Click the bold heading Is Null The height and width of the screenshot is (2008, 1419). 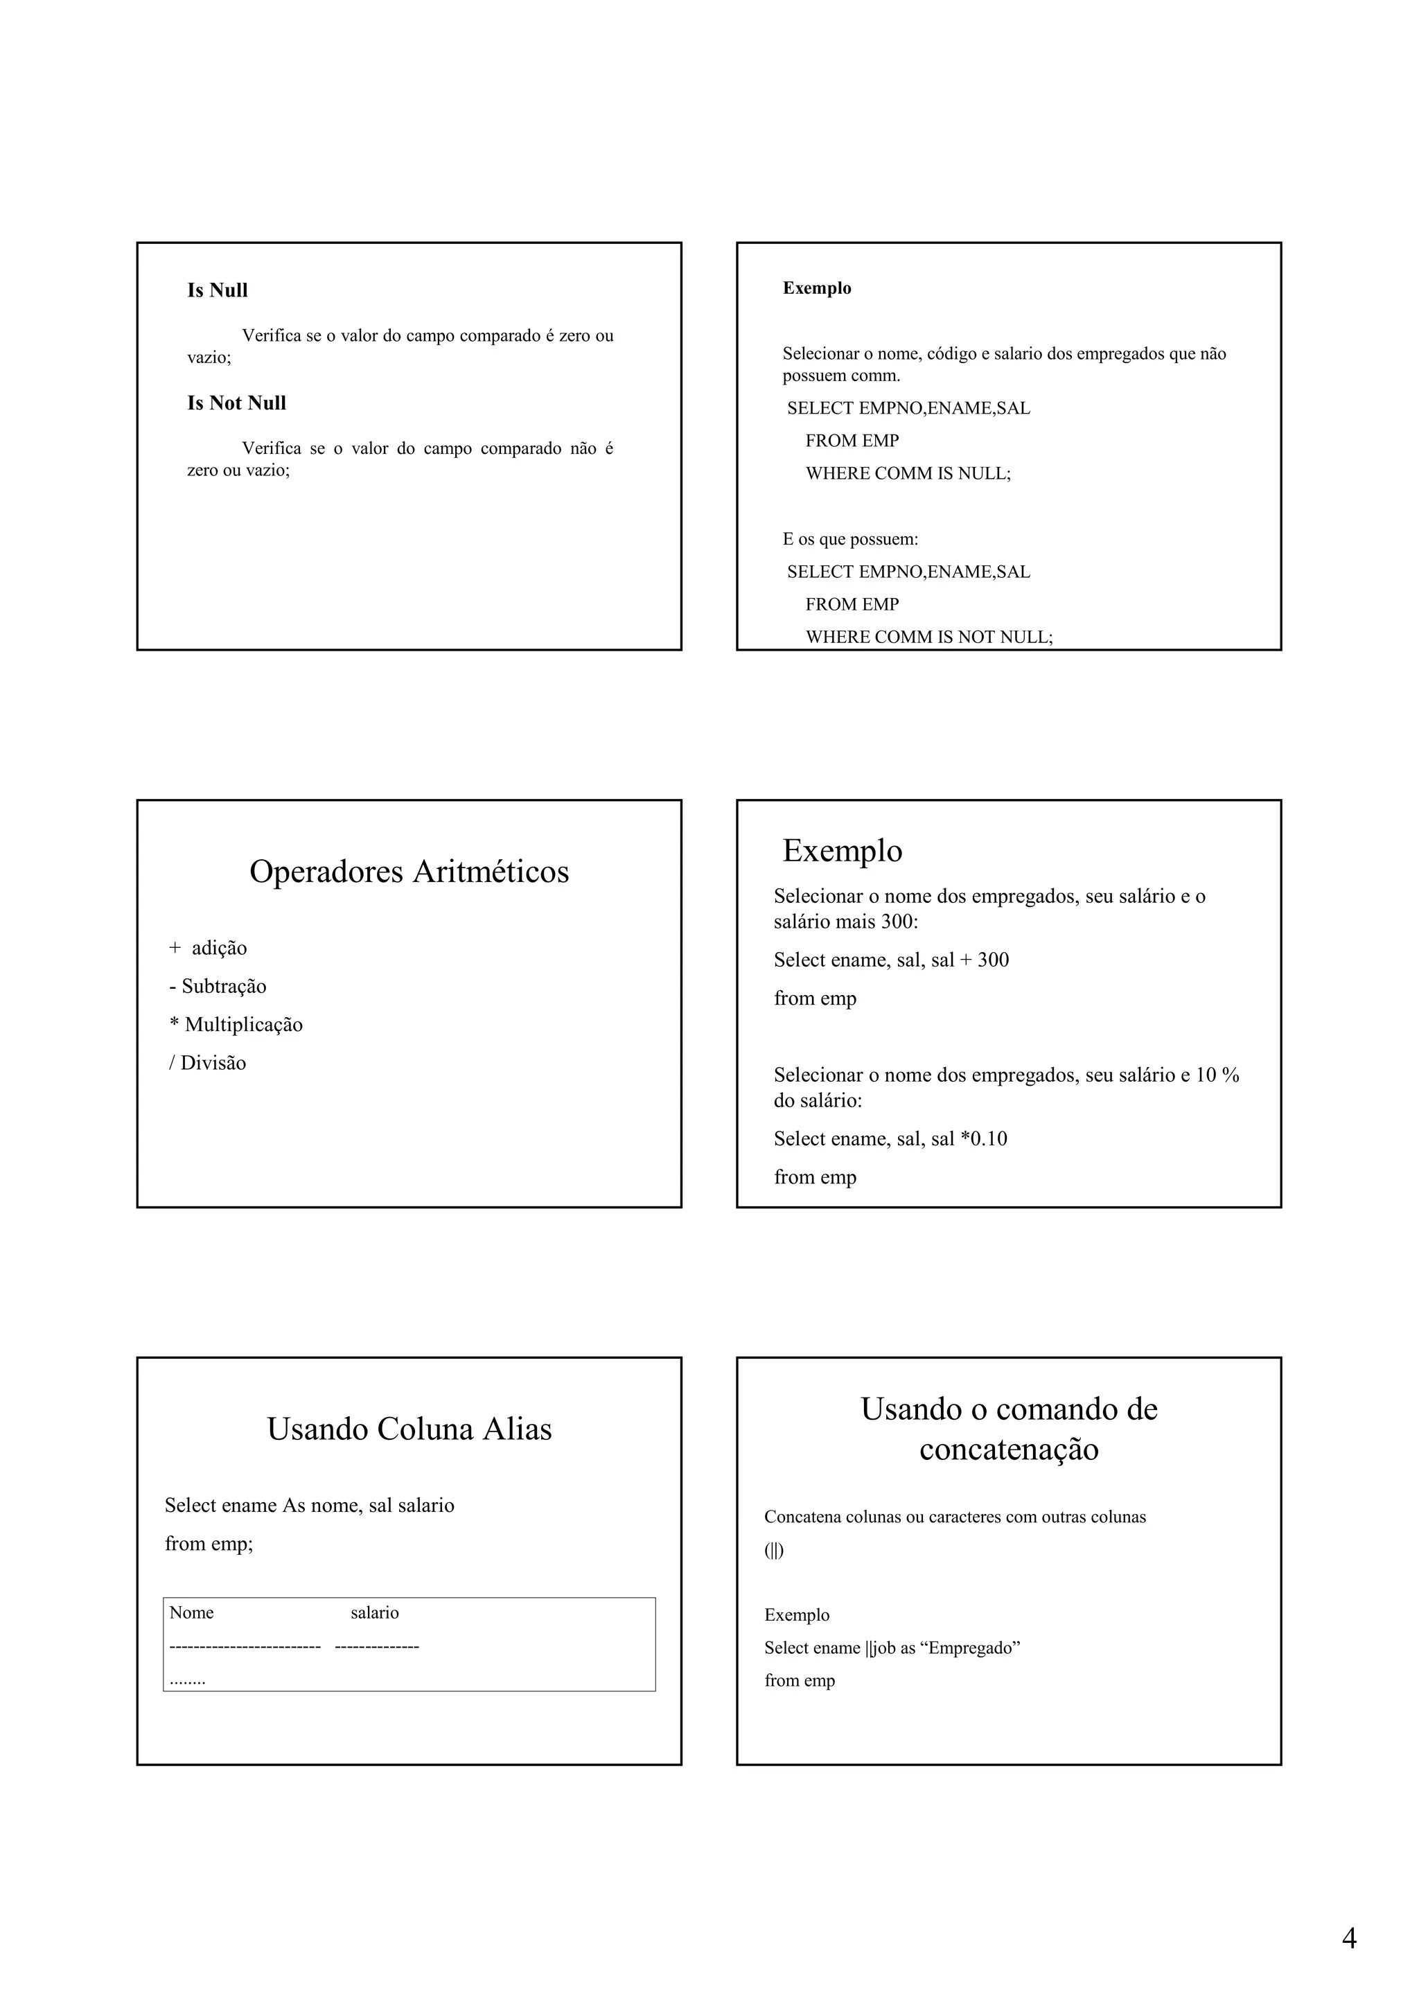tap(217, 290)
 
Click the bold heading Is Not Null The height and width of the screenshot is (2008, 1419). tap(236, 403)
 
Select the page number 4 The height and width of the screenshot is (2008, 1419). tap(1349, 1938)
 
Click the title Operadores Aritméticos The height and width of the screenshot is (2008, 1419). tap(409, 871)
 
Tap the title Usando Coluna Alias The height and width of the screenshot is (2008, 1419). tap(409, 1428)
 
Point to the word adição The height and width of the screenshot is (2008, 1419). tap(220, 948)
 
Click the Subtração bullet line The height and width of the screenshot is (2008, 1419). tap(218, 987)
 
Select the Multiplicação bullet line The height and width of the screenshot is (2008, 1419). tap(236, 1025)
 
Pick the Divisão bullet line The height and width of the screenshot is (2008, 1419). tap(207, 1064)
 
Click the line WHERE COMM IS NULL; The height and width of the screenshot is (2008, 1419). tap(908, 474)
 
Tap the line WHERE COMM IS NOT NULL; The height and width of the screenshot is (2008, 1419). tap(928, 637)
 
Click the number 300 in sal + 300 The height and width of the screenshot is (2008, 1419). tap(993, 960)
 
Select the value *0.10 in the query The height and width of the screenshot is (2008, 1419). tap(985, 1138)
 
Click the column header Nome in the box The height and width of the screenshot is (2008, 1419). tap(191, 1612)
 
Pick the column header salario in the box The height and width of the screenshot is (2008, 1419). tap(374, 1612)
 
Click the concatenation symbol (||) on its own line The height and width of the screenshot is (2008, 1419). tap(774, 1551)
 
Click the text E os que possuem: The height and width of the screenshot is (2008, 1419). tap(850, 540)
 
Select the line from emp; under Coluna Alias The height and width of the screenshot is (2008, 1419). tap(209, 1544)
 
